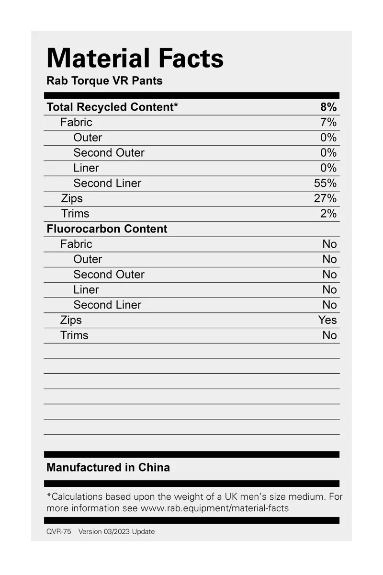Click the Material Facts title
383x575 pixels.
coord(135,58)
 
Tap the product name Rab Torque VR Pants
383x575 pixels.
coord(104,80)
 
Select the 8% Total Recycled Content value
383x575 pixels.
coord(328,107)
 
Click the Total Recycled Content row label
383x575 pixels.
coord(112,107)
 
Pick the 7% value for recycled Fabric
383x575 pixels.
coord(328,122)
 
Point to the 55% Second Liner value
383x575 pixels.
coord(325,183)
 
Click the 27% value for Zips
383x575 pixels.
coord(325,198)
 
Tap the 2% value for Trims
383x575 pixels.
coord(328,214)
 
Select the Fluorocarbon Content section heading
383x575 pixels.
coord(107,229)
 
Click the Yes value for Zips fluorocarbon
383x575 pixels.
coord(327,320)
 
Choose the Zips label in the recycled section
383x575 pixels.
coord(72,198)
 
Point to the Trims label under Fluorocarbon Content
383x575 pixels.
coord(74,335)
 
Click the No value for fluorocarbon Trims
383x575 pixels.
coord(329,335)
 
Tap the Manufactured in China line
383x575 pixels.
coord(108,467)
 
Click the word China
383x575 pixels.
coord(154,467)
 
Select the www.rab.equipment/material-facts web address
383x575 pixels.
coord(214,508)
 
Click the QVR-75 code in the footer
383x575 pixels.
coord(58,531)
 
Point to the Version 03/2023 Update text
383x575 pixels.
coord(116,531)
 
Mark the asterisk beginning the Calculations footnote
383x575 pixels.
coord(48,495)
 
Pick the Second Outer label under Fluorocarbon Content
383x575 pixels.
coord(109,275)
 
